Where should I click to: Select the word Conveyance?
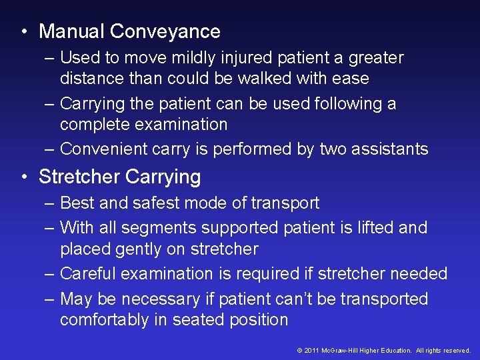click(165, 31)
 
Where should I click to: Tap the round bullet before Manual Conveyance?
click(24, 32)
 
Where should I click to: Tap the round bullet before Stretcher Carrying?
click(24, 177)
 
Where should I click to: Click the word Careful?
click(87, 274)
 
